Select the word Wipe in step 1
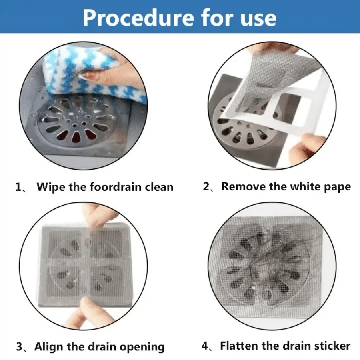point(51,187)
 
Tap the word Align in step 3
point(49,347)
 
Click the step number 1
point(18,187)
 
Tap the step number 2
point(206,186)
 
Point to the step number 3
point(19,347)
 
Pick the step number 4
point(205,346)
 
